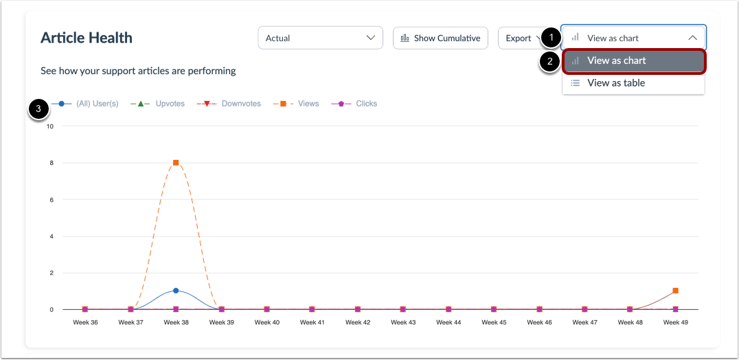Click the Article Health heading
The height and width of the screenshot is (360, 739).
tap(87, 38)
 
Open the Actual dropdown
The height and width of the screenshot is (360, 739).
tap(320, 38)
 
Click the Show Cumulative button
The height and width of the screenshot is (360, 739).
tap(440, 38)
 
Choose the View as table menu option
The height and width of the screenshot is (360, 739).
tap(615, 83)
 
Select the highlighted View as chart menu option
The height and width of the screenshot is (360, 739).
tap(616, 60)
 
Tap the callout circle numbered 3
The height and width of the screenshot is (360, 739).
tap(39, 109)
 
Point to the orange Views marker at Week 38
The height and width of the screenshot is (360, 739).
tap(176, 163)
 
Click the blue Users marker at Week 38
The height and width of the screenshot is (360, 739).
tap(176, 291)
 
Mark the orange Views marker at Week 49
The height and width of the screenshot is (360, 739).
tap(675, 291)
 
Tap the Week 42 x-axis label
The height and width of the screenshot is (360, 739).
tap(358, 322)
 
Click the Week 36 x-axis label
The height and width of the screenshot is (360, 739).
tap(85, 322)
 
